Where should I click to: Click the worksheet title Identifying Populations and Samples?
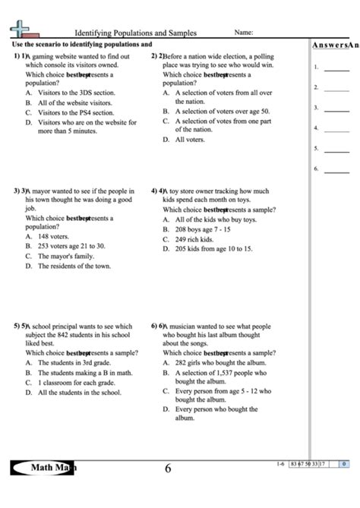(x=135, y=33)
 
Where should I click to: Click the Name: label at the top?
(x=244, y=33)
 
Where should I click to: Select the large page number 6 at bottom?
(x=169, y=469)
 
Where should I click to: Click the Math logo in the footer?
(x=43, y=468)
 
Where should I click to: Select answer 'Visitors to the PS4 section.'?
(x=74, y=112)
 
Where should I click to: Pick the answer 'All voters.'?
(x=191, y=140)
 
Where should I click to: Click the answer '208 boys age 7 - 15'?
(x=203, y=229)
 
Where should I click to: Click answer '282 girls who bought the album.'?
(x=219, y=363)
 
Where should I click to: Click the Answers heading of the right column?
(x=335, y=45)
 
